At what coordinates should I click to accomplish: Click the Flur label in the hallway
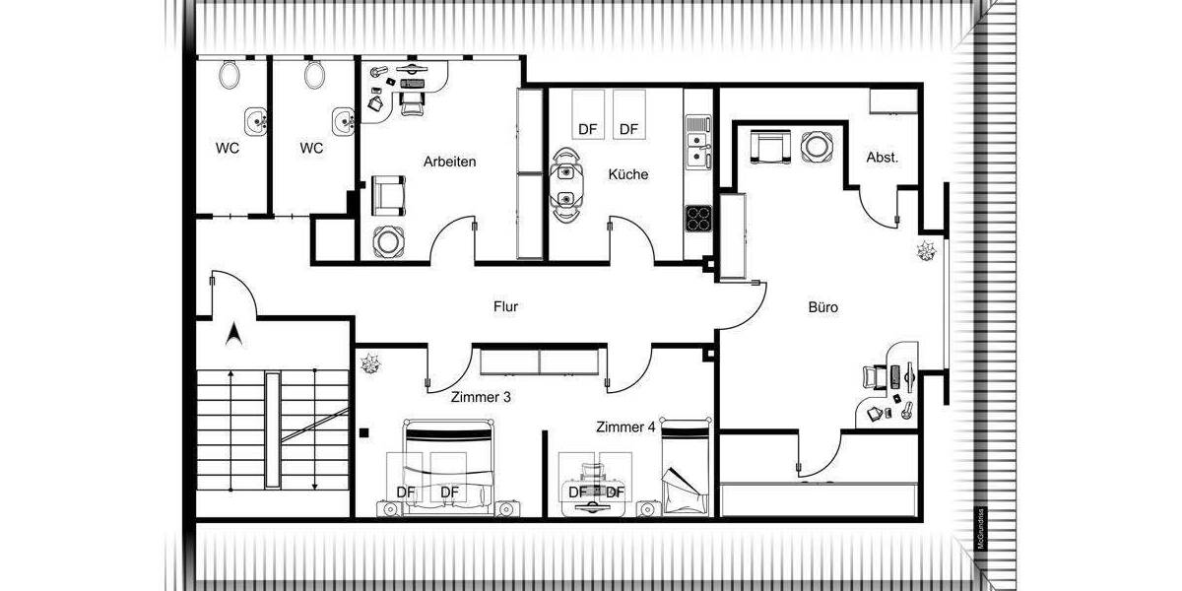505,306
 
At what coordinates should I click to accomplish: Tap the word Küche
627,174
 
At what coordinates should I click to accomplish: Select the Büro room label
823,307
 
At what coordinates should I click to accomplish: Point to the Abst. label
882,157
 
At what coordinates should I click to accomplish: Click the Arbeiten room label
450,161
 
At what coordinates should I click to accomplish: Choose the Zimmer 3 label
481,398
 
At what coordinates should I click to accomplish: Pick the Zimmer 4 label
625,427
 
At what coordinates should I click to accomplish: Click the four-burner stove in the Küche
699,218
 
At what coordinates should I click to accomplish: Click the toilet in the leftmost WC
230,74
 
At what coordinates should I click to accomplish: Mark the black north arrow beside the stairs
234,336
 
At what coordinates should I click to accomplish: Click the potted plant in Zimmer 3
372,365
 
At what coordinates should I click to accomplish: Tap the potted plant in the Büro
926,252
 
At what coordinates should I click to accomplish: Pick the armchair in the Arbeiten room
388,194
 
